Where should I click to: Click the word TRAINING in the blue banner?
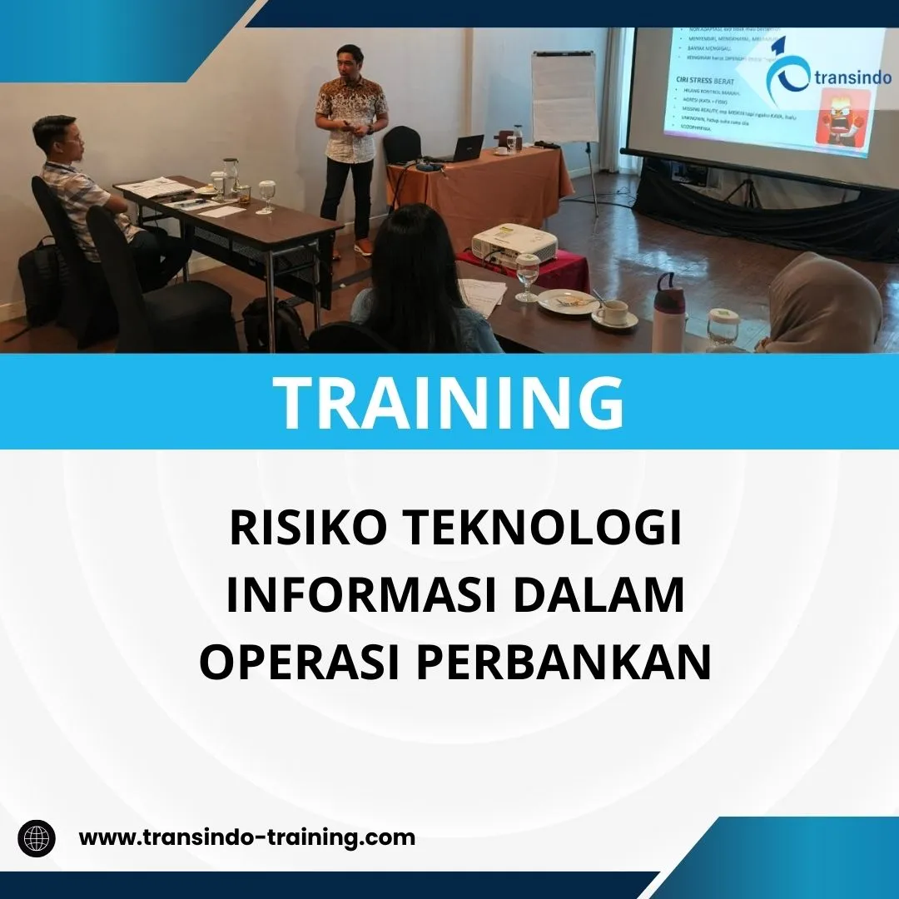pos(449,401)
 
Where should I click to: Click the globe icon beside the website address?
pos(37,837)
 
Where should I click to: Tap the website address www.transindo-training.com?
pos(247,837)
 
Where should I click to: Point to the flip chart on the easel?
pos(564,96)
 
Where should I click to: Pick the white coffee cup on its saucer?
pos(614,312)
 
